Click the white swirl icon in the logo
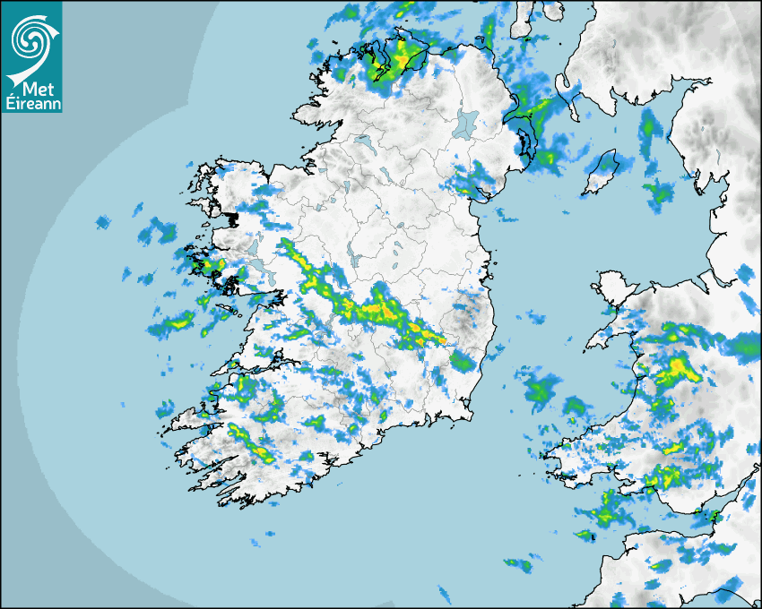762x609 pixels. point(30,37)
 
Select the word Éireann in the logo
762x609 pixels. point(31,105)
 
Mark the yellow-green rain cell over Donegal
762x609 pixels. point(394,58)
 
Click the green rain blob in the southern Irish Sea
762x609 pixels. point(541,390)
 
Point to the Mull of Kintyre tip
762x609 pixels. point(521,30)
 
